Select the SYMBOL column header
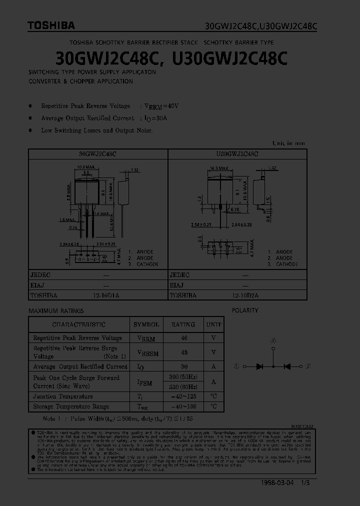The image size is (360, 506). click(146, 324)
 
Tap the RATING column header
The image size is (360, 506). click(183, 324)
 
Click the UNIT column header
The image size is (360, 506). click(213, 324)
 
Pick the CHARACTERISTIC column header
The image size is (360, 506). click(79, 324)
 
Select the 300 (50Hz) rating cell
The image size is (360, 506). click(183, 376)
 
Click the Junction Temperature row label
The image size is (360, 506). click(63, 396)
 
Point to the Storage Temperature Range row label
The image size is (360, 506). click(71, 406)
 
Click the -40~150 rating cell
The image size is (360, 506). click(183, 406)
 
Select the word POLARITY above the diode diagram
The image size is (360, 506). click(245, 310)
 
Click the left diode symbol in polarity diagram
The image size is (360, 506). click(259, 366)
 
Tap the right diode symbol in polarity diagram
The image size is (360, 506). click(287, 366)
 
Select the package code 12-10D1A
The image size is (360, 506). click(106, 295)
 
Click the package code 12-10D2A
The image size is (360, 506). click(245, 295)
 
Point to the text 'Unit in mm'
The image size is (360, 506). click(288, 143)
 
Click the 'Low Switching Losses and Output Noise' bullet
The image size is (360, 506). click(96, 130)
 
